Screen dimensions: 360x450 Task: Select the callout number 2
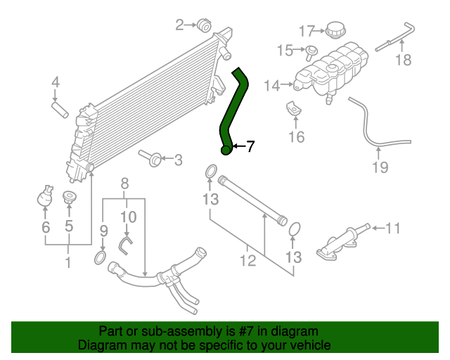(x=179, y=26)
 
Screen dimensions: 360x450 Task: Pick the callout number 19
(x=380, y=167)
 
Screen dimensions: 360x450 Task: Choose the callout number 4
(x=56, y=85)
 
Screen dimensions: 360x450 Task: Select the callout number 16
(x=297, y=136)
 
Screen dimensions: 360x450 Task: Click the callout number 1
(x=68, y=264)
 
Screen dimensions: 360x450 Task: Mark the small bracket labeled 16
(x=292, y=109)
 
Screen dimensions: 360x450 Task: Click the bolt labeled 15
(x=310, y=50)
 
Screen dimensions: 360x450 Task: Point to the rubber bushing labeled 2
(x=205, y=25)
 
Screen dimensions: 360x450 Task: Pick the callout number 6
(x=46, y=227)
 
